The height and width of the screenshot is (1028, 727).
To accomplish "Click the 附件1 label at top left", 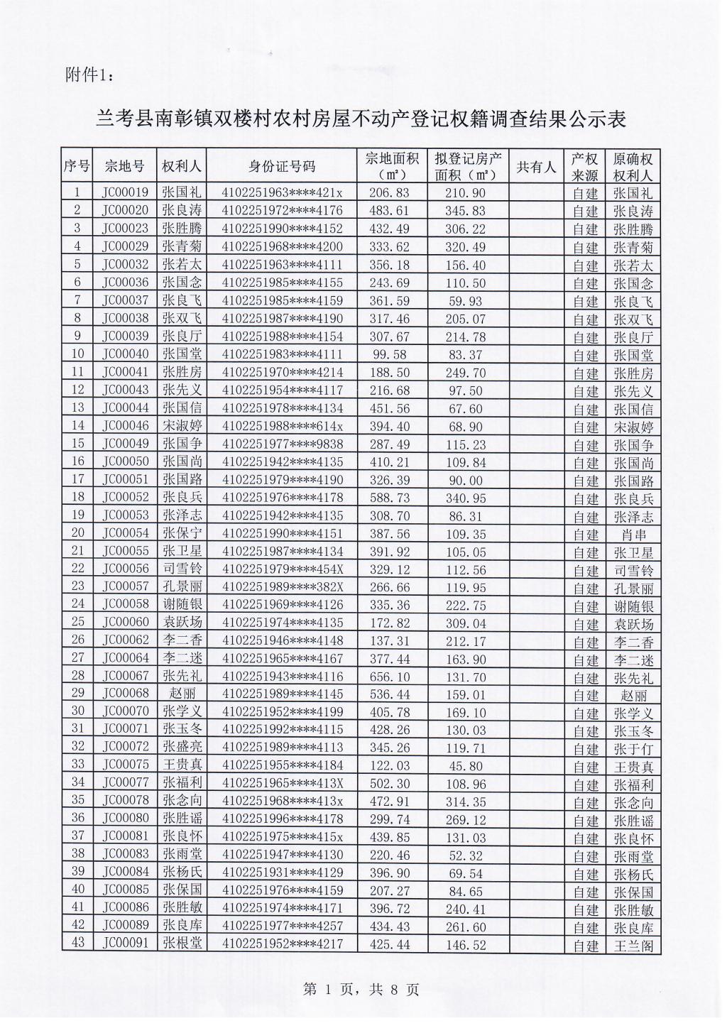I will click(88, 76).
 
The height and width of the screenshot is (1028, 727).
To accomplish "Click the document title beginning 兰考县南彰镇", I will click(362, 119).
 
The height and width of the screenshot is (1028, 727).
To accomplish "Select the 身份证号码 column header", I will click(282, 167).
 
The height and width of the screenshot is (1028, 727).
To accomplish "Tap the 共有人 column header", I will click(536, 167).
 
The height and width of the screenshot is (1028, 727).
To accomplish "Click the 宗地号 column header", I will click(125, 167).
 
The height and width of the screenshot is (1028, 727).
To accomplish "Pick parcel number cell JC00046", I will click(125, 426).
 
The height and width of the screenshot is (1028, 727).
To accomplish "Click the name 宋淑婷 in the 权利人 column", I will click(182, 426).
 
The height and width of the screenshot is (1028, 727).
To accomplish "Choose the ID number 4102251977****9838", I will click(282, 444).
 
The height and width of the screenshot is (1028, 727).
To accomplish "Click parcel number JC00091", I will click(125, 944).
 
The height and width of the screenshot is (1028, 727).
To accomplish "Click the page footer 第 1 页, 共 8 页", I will click(361, 989).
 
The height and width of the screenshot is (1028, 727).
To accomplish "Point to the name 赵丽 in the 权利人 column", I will click(182, 694).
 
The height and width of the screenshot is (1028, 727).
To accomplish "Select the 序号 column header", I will click(77, 167).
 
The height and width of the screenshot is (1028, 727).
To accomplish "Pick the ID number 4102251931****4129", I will click(282, 873).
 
